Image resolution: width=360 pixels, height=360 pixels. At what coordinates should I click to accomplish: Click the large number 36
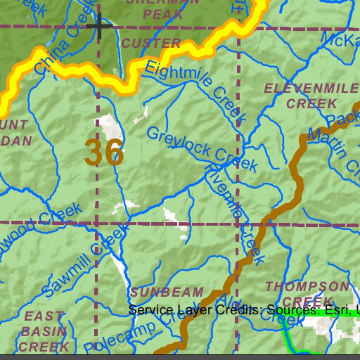pos(104,153)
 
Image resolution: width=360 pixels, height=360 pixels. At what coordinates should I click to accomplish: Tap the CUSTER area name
pos(151,44)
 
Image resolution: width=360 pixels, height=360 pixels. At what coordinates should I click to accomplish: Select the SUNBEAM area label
pos(166,292)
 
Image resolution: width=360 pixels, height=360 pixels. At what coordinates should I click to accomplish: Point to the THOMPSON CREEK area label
pos(307,294)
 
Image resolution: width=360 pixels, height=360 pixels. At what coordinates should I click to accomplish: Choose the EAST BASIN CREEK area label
pos(44,331)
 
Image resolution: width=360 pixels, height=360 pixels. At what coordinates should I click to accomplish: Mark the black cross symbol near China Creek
pos(98,27)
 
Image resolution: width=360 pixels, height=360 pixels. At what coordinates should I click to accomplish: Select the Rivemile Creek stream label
pos(233,211)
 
